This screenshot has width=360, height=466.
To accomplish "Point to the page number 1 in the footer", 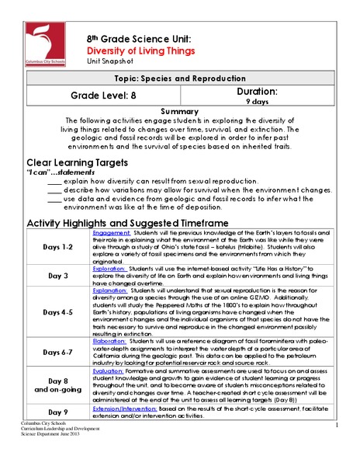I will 339,449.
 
